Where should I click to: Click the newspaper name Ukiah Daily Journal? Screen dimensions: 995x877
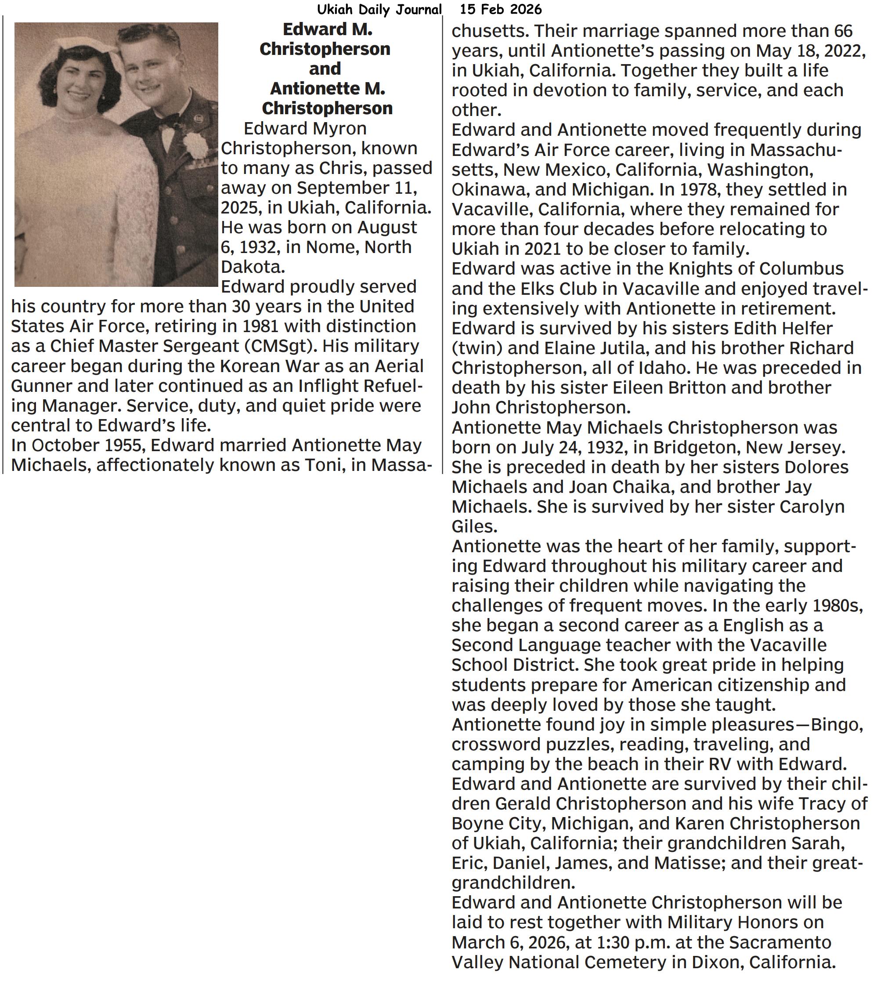tap(379, 9)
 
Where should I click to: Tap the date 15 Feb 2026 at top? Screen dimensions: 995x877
tap(500, 9)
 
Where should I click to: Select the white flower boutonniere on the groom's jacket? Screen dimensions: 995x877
tap(195, 145)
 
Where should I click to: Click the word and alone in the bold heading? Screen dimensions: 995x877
tap(325, 69)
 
